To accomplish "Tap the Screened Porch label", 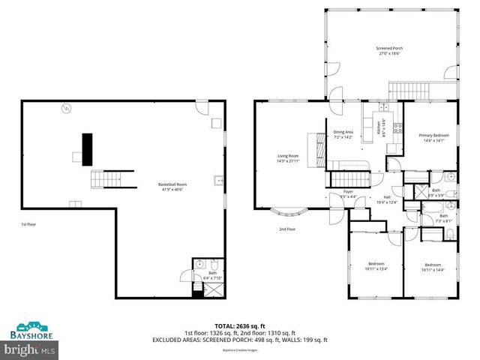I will tap(388, 51).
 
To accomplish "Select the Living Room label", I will tap(288, 158).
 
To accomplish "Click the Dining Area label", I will tap(343, 134).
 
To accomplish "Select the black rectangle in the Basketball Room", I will tap(87, 148).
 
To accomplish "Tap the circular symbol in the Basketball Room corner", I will tap(65, 109).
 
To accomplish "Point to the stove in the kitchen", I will tap(398, 127).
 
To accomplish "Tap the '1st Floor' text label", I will tap(28, 224).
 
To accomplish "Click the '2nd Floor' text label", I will tap(287, 229).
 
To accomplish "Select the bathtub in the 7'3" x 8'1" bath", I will tap(432, 234).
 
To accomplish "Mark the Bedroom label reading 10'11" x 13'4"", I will tap(376, 266).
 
